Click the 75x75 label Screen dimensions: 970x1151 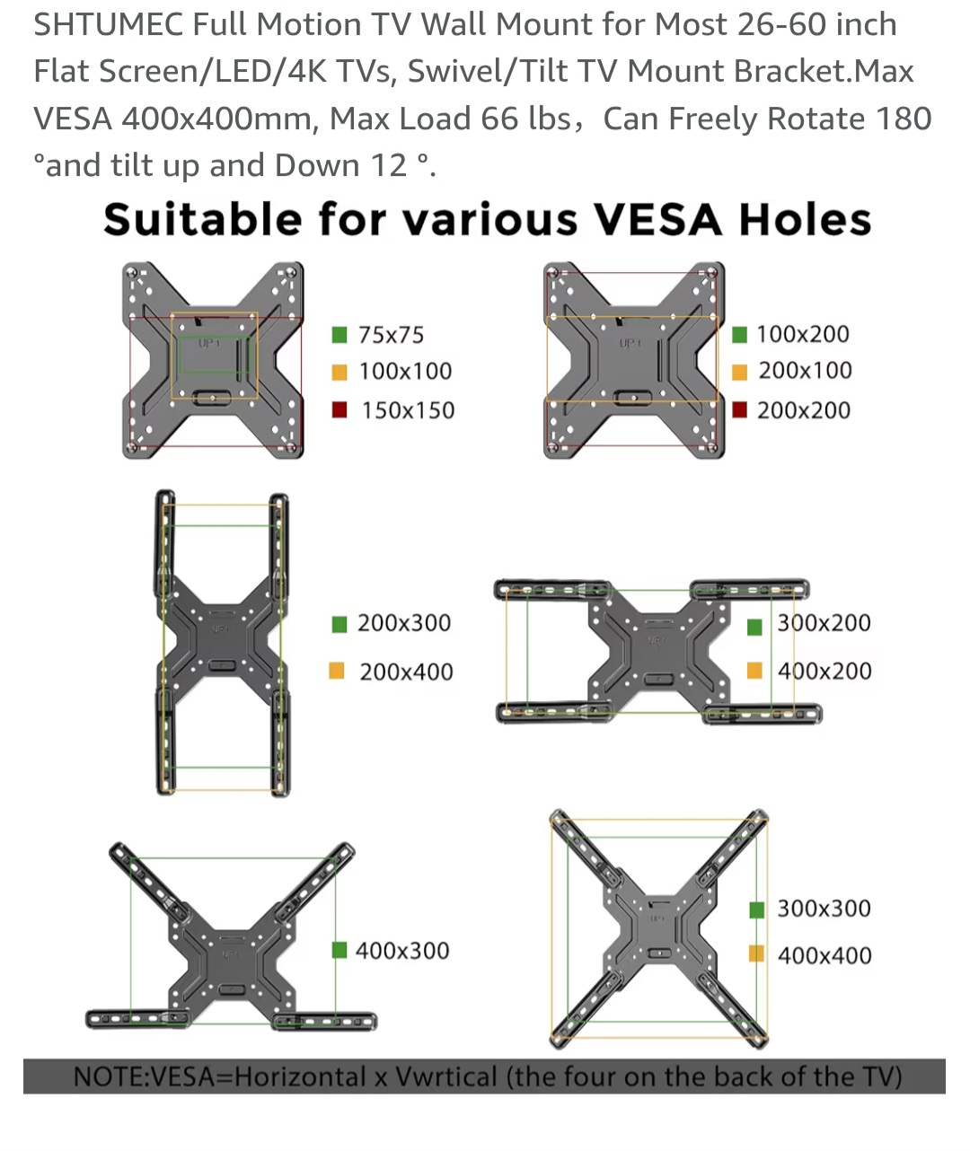(391, 335)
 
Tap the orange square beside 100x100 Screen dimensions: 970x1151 (339, 372)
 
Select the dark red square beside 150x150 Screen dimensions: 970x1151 (339, 410)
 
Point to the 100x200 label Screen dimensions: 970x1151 (802, 334)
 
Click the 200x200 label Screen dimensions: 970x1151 (804, 410)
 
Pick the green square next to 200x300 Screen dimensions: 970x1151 (339, 624)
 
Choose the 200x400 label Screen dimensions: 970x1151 (407, 672)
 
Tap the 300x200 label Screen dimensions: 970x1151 (824, 623)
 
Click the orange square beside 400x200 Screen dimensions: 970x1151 (754, 671)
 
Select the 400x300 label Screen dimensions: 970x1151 (402, 951)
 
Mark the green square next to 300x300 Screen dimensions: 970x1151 (757, 910)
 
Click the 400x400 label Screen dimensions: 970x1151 (824, 955)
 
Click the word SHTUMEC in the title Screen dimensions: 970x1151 (108, 24)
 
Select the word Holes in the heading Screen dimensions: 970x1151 (805, 219)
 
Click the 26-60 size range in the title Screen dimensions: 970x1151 (781, 24)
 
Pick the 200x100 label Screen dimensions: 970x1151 (805, 371)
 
